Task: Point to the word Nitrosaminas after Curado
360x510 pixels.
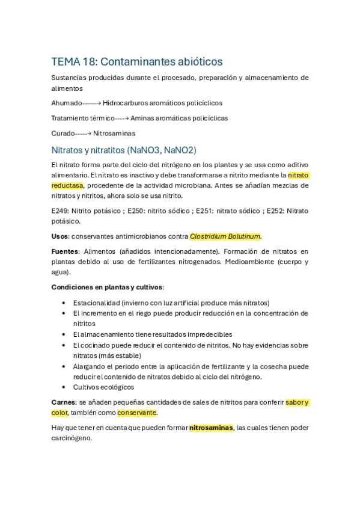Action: (x=114, y=133)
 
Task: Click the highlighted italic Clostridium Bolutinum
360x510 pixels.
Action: (x=225, y=236)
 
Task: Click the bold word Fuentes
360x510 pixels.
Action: (x=65, y=251)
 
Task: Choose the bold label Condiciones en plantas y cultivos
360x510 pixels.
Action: (x=107, y=287)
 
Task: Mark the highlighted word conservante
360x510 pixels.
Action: (x=136, y=413)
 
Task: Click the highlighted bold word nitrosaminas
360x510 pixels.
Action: (x=211, y=428)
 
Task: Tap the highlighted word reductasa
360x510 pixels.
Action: (x=67, y=185)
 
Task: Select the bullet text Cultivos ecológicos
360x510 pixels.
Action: (x=103, y=387)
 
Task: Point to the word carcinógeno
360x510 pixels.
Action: (x=72, y=438)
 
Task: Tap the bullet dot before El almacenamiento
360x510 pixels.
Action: (x=64, y=334)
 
